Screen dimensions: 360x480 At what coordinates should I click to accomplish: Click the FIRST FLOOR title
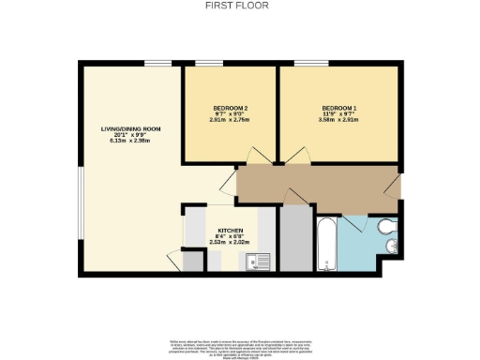point(240,5)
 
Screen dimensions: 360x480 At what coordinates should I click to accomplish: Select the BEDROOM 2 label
point(230,109)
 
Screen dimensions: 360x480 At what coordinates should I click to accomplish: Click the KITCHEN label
point(231,231)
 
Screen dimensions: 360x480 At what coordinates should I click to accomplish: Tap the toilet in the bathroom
point(386,228)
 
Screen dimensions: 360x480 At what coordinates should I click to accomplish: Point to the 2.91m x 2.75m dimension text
point(230,121)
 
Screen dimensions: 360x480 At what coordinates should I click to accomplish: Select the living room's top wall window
point(157,64)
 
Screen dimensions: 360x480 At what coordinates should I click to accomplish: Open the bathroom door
point(353,218)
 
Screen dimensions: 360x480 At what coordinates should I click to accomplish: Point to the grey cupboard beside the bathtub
point(295,238)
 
